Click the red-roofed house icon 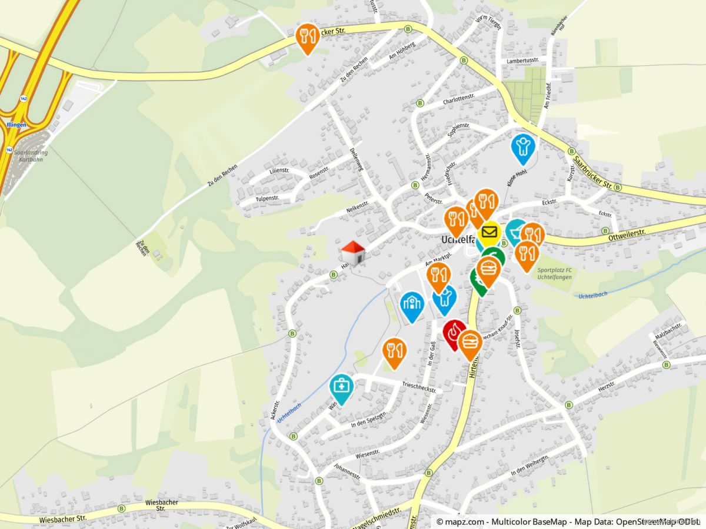(353, 253)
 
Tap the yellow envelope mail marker (488, 232)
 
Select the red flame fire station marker (454, 333)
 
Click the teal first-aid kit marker (341, 387)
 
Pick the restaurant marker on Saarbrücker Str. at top (307, 36)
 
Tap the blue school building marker (412, 304)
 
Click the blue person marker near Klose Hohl (522, 146)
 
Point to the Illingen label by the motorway (16, 125)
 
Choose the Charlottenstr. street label (458, 99)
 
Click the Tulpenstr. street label (267, 199)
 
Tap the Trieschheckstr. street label (419, 388)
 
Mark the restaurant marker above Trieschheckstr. (394, 351)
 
